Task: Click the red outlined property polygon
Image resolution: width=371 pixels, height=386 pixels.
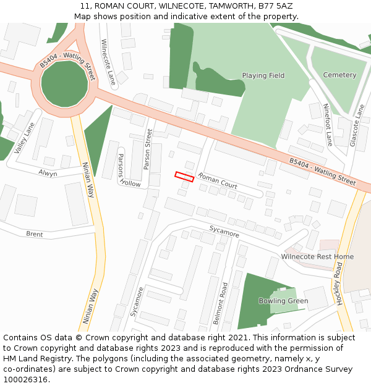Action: coord(184,177)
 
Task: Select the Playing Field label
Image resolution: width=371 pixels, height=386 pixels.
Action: coord(263,75)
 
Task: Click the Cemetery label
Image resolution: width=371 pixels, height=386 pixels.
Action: coord(339,75)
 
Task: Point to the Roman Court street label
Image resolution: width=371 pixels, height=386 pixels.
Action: coord(218,181)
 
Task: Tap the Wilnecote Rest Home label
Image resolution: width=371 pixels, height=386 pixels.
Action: coord(317,256)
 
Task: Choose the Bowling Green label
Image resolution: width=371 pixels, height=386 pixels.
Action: coord(283,301)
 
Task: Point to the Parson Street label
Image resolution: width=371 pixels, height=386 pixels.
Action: coord(148,149)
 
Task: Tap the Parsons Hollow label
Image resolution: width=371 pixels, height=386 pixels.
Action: coord(126,170)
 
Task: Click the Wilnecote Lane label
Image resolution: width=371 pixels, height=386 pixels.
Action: coord(108,62)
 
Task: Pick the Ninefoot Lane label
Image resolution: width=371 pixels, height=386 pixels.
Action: coord(328,124)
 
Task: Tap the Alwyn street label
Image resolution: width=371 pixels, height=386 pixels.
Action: coord(48,174)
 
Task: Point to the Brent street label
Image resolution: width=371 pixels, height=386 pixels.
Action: coord(35,234)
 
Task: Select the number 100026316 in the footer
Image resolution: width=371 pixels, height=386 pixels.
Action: coord(25,379)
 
